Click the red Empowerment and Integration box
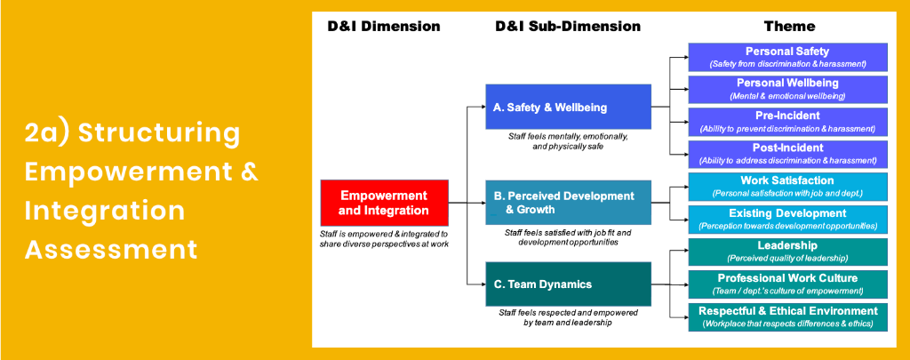click(x=384, y=203)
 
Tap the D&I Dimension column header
click(x=384, y=27)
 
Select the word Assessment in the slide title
click(x=110, y=250)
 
